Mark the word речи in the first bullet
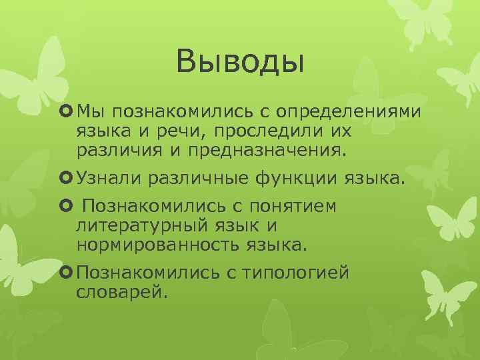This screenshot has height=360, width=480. click(x=173, y=129)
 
